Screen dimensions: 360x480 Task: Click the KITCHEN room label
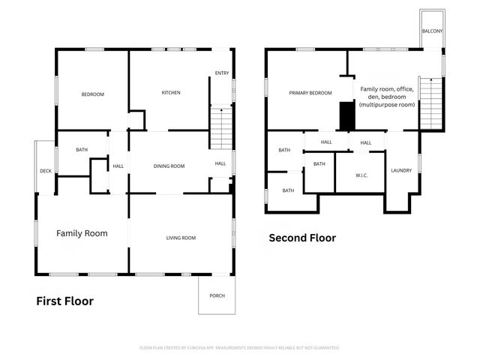coord(171,93)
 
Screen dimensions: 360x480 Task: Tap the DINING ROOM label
coord(169,166)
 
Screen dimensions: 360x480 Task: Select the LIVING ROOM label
coord(181,238)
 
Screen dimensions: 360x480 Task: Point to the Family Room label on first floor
coord(82,233)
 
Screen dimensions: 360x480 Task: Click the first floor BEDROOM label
coord(92,94)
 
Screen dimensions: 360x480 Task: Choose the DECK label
coord(45,172)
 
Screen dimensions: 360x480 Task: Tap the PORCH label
coord(217,295)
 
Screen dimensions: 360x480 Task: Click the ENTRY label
coord(222,73)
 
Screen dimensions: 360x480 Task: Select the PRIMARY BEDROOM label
coord(310,93)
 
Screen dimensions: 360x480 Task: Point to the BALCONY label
coord(432,31)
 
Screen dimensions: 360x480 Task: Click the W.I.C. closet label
coord(361,175)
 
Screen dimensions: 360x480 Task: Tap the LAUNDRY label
coord(401,171)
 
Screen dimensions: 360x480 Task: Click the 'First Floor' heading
coord(65,301)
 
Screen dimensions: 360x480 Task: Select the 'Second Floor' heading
coord(302,238)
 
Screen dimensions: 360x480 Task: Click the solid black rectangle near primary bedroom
coord(346,116)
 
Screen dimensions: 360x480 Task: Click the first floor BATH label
coord(82,150)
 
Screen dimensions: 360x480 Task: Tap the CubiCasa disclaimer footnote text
coord(240,348)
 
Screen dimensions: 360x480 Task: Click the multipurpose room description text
coord(386,97)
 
